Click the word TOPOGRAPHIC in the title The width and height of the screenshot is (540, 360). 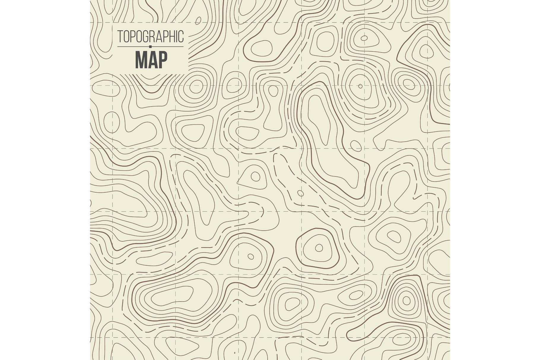coord(150,36)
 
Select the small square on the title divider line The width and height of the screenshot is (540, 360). coord(150,47)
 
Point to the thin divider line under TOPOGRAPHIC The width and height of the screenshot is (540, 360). coord(134,47)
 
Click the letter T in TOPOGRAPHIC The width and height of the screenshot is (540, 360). coord(120,36)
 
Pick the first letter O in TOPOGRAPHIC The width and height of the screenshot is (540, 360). coord(126,36)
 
